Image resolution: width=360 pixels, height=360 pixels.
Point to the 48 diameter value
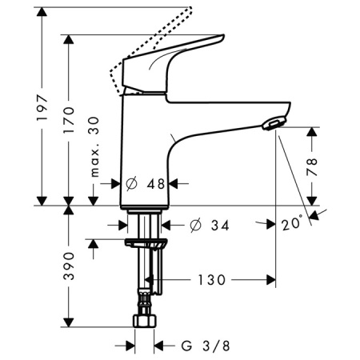157,183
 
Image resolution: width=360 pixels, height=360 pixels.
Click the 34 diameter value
220,226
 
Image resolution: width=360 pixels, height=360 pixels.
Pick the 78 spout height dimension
313,166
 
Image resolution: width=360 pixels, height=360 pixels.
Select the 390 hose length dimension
70,267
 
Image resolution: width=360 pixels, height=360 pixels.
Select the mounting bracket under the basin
147,242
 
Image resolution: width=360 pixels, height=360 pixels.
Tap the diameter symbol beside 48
133,183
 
